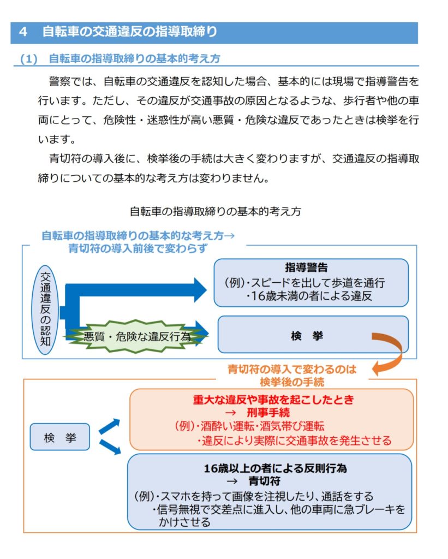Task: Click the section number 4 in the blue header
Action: [23, 32]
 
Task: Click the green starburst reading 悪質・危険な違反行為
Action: [136, 336]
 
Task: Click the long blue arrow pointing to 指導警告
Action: [136, 290]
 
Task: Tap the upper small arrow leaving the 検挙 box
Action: [109, 425]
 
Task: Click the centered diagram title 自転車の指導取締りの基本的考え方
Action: [216, 211]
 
